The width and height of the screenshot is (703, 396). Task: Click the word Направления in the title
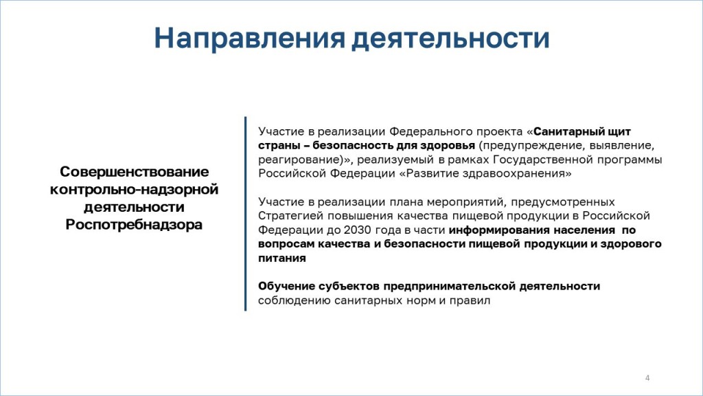pyautogui.click(x=250, y=38)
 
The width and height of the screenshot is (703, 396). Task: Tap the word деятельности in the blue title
pyautogui.click(x=450, y=38)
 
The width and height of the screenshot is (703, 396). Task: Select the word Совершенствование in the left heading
pyautogui.click(x=135, y=171)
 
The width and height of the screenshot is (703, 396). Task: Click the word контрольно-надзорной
pyautogui.click(x=134, y=190)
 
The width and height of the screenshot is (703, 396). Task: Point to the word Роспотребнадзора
pyautogui.click(x=134, y=225)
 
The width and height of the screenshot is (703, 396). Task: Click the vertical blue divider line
pyautogui.click(x=245, y=214)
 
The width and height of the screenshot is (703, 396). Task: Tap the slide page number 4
pyautogui.click(x=647, y=377)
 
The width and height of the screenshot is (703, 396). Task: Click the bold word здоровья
pyautogui.click(x=448, y=146)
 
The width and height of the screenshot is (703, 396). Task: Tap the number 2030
pyautogui.click(x=357, y=230)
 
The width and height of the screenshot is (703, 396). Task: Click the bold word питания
pyautogui.click(x=282, y=258)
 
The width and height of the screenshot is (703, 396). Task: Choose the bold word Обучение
pyautogui.click(x=286, y=286)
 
